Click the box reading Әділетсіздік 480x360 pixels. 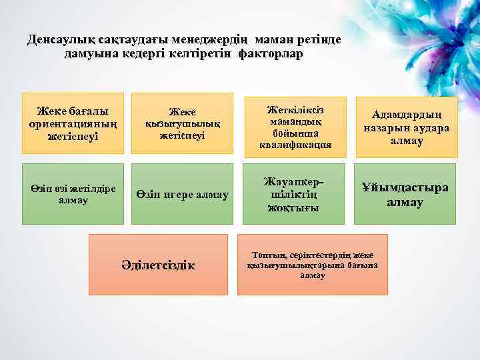click(158, 265)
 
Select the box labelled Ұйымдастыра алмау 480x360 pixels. click(405, 194)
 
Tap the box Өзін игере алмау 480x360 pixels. click(182, 194)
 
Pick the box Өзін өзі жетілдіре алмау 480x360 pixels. click(73, 194)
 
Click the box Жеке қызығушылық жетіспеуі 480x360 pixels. click(182, 123)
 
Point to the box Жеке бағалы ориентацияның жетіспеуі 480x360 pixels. click(73, 123)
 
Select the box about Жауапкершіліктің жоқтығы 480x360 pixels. click(294, 194)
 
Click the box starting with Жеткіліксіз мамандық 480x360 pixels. click(295, 126)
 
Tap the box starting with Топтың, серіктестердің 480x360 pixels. click(312, 265)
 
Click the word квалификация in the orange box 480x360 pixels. click(295, 145)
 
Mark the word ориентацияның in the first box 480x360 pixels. click(73, 124)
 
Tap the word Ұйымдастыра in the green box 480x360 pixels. click(405, 187)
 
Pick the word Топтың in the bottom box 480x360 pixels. click(268, 255)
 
